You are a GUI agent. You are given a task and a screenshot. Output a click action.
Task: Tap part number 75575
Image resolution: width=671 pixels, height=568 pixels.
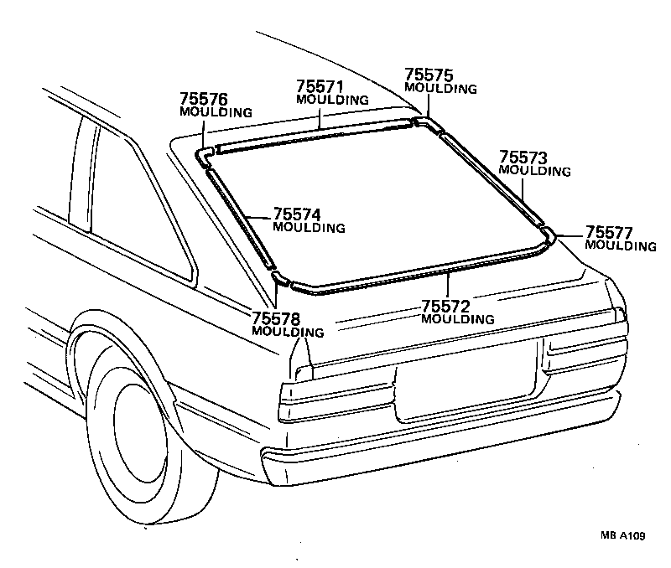[x=429, y=75]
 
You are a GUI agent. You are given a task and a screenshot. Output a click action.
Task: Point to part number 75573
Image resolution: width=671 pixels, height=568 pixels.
[x=523, y=157]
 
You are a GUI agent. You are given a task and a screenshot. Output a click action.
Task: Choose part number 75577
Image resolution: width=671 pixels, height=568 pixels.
[x=609, y=232]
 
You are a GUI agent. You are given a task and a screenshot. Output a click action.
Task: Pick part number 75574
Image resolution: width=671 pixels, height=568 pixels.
[x=298, y=214]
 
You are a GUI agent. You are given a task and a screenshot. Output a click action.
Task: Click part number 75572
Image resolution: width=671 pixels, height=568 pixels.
[x=445, y=306]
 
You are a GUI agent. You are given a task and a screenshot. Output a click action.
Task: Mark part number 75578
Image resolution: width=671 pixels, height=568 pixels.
[x=274, y=318]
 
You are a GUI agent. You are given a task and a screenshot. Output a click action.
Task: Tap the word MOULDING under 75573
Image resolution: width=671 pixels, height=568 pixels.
[x=534, y=171]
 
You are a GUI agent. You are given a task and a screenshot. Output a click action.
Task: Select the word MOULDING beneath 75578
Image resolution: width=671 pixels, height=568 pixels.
[x=287, y=332]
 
